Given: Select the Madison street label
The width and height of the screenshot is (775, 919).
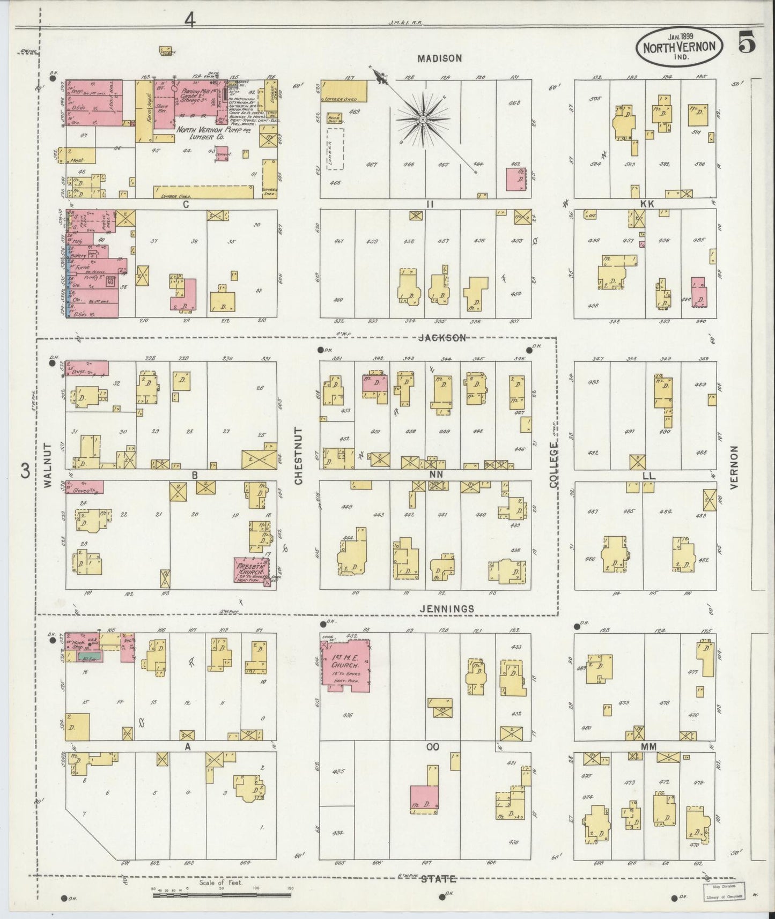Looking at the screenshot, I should point(440,58).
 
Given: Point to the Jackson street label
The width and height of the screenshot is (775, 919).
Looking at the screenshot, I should point(440,338).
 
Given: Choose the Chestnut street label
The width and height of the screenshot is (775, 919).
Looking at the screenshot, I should point(299,456).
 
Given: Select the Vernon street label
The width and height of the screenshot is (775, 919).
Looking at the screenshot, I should point(735,466).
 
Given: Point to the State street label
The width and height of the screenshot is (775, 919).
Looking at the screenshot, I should point(439,878).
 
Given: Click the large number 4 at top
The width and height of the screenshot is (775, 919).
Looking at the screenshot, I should point(190,19).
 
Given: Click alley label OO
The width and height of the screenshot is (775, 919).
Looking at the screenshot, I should point(433,746).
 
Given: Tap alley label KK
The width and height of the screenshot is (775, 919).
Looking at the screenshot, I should point(646,204).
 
